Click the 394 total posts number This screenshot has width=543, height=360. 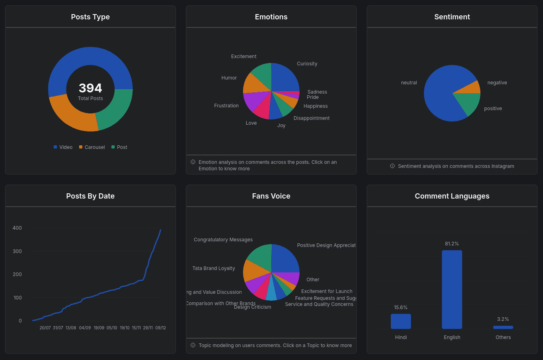click(x=90, y=88)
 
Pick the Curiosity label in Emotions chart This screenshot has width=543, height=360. click(x=307, y=64)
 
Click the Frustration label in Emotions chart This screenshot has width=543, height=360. click(x=226, y=106)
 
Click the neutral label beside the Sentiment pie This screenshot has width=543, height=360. click(x=409, y=83)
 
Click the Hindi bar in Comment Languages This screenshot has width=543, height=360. click(x=400, y=321)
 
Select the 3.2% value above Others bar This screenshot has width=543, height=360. click(x=503, y=319)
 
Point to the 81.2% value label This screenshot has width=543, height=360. click(x=452, y=244)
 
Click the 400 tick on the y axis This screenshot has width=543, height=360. click(x=17, y=228)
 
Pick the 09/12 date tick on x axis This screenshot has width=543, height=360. click(x=160, y=328)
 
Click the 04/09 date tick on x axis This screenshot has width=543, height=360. click(x=85, y=328)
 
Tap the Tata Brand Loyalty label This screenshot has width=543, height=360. click(x=214, y=268)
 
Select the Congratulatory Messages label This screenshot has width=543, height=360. click(x=223, y=240)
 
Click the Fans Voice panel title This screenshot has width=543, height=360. click(x=271, y=196)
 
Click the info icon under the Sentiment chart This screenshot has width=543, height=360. click(x=392, y=166)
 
